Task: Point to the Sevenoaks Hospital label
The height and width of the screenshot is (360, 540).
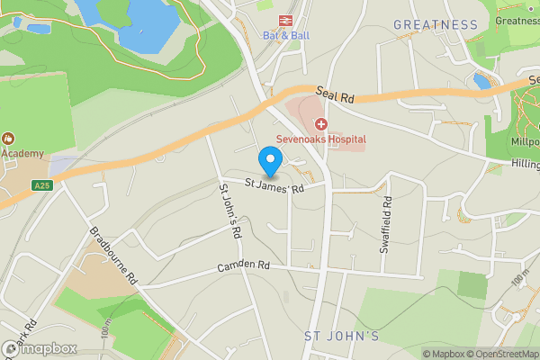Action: point(321,139)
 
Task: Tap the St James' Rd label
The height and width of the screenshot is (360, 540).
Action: point(272,187)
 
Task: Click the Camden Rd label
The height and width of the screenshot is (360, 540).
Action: point(243,266)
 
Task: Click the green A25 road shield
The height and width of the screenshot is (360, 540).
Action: point(41,185)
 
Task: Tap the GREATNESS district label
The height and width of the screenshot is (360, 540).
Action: point(436,24)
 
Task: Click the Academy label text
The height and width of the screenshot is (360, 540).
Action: point(22,153)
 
